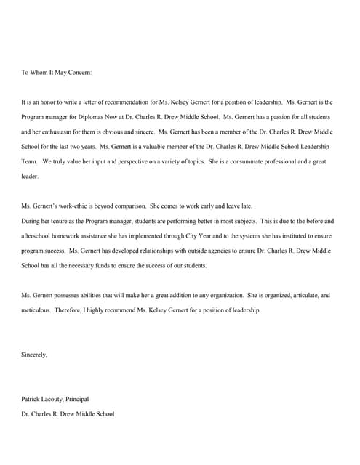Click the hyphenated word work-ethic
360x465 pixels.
(x=71, y=206)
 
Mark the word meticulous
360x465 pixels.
(x=36, y=310)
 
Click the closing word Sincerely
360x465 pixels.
(x=34, y=355)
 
